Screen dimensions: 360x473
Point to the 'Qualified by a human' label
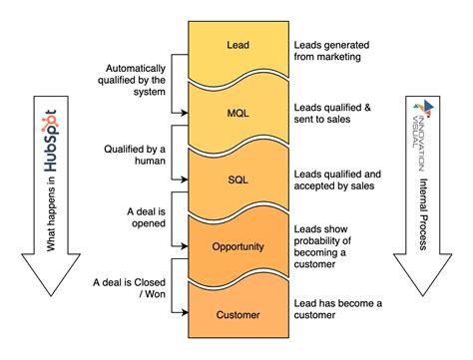coord(137,158)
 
